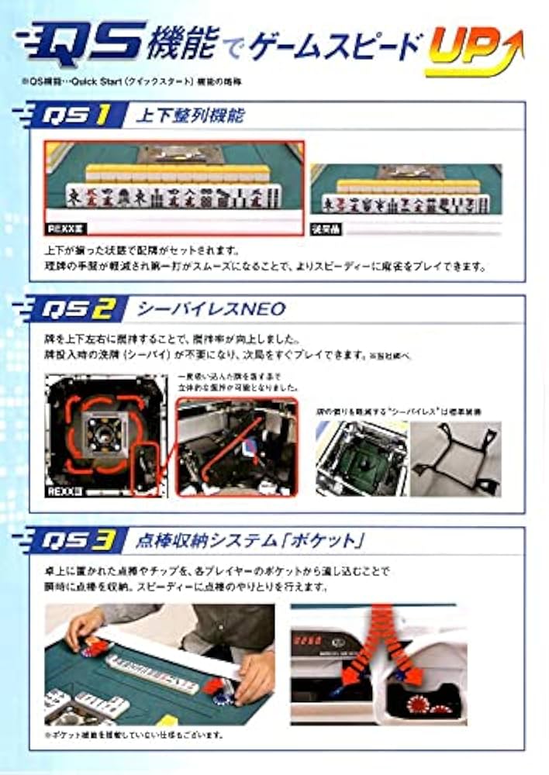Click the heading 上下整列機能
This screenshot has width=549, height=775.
tap(190, 117)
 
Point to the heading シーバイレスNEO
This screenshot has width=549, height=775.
tap(211, 310)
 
